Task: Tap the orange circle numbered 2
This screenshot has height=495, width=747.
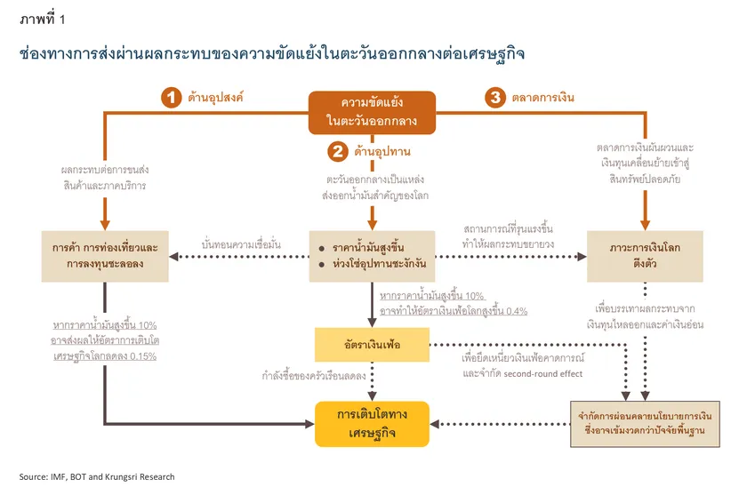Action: point(337,152)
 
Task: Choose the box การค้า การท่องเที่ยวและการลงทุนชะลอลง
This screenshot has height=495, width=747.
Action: point(105,256)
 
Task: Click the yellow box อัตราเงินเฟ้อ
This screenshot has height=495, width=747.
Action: point(373,344)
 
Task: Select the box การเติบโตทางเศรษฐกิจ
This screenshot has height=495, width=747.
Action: point(373,424)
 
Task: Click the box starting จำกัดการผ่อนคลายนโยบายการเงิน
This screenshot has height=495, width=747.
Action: point(645,424)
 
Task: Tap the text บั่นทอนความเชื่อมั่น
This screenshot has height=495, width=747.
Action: point(242,244)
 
